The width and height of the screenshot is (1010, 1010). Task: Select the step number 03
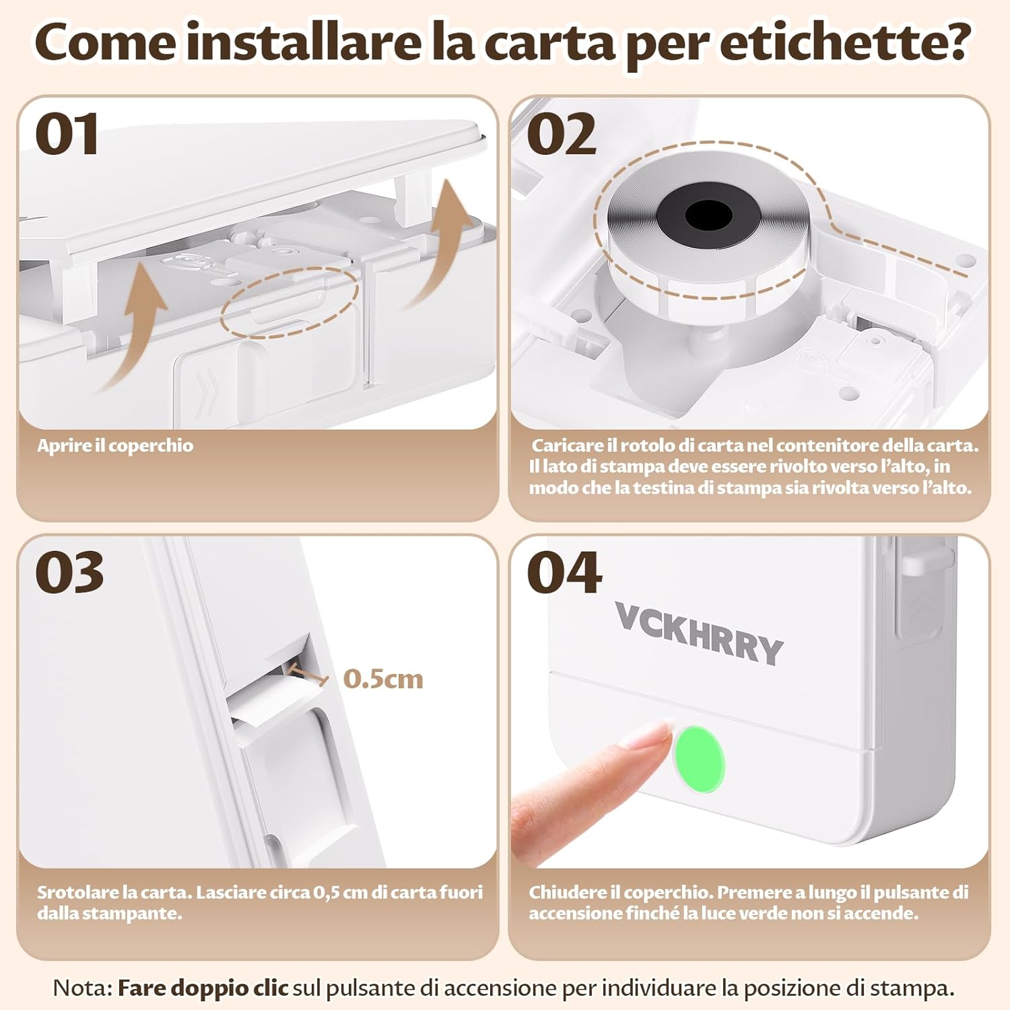(x=69, y=573)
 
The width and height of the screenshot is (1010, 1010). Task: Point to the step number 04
(x=564, y=573)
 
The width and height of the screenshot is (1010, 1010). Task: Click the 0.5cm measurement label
(x=382, y=679)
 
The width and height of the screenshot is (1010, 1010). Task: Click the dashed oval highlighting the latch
(x=290, y=302)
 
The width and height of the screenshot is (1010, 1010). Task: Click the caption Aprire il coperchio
(x=114, y=446)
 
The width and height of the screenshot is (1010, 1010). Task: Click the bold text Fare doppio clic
(x=203, y=988)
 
